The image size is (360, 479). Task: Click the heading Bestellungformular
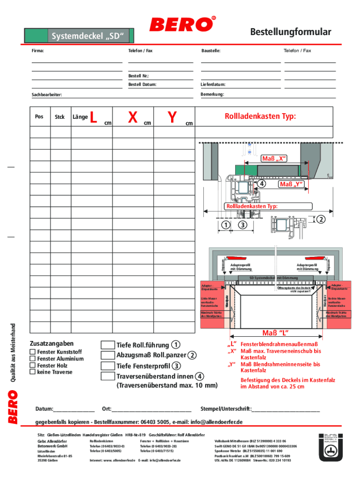(x=290, y=32)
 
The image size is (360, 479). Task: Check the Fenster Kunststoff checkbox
(x=32, y=352)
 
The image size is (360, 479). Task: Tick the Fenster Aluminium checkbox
(x=32, y=358)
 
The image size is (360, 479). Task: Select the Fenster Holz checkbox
(x=32, y=365)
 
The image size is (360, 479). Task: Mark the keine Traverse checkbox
(x=32, y=372)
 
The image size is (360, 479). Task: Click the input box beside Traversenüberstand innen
(x=108, y=376)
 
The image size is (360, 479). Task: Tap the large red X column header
(x=133, y=117)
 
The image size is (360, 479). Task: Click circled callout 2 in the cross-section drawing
(x=321, y=219)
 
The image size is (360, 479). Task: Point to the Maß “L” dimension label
(x=274, y=333)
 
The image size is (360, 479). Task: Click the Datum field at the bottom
(x=75, y=408)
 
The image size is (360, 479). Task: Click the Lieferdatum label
(x=213, y=85)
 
